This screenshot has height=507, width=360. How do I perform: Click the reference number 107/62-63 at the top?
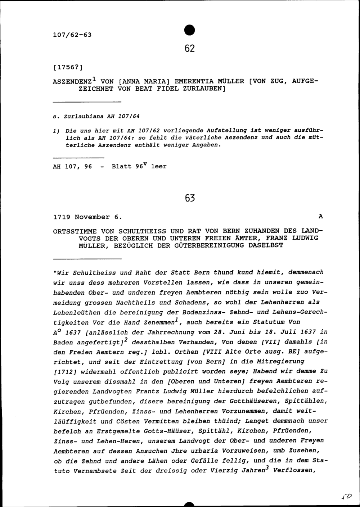click(x=72, y=35)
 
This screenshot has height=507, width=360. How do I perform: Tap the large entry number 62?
click(x=189, y=48)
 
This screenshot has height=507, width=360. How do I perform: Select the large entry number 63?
click(x=189, y=198)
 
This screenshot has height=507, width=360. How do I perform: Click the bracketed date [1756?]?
click(x=68, y=67)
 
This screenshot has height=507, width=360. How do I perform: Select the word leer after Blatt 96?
click(x=159, y=167)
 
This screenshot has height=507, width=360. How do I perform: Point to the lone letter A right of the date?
click(x=320, y=217)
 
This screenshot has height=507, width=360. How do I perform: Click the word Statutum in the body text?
click(x=268, y=322)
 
